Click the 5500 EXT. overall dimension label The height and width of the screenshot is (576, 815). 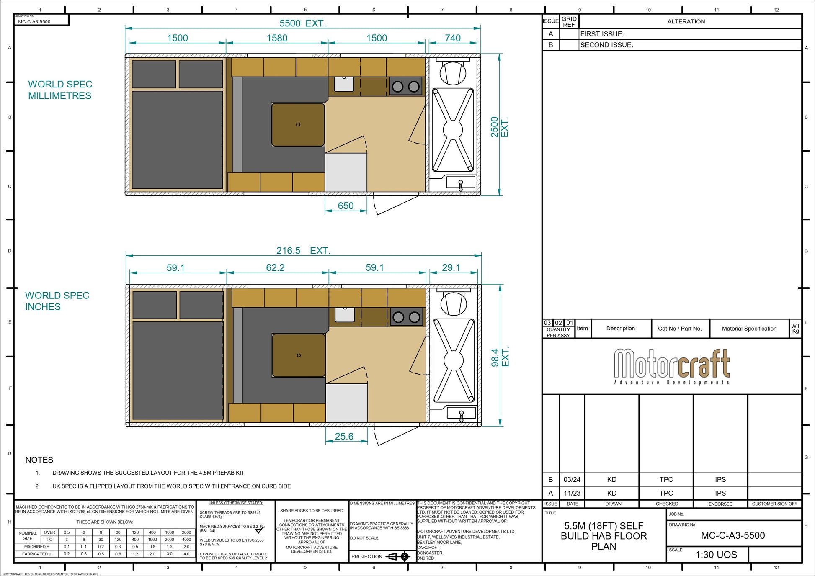pos(302,23)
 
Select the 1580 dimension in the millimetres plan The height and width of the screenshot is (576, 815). pos(277,38)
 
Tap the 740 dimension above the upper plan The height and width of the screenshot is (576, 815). pos(452,38)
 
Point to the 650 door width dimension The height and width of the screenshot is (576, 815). pos(346,206)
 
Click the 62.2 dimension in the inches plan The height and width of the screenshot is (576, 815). pos(275,267)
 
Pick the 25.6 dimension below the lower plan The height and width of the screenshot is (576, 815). pos(344,436)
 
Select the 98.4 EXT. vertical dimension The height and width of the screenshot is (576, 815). pos(500,357)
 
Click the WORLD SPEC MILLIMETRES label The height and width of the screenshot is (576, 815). pos(60,90)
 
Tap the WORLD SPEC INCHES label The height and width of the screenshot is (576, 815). pos(57,301)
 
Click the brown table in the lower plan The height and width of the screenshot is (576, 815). pos(299,355)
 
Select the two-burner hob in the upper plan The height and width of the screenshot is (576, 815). pos(405,87)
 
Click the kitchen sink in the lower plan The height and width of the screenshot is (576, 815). pos(345,315)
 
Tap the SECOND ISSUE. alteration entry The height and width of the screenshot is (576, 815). pos(606,45)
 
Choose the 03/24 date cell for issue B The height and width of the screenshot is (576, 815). pos(572,479)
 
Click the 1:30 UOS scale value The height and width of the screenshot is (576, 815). pos(716,555)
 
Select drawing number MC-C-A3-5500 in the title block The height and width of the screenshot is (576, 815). pos(732,535)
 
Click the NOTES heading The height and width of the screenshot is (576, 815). pos(39,460)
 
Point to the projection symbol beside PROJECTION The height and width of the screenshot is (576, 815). pos(398,556)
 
